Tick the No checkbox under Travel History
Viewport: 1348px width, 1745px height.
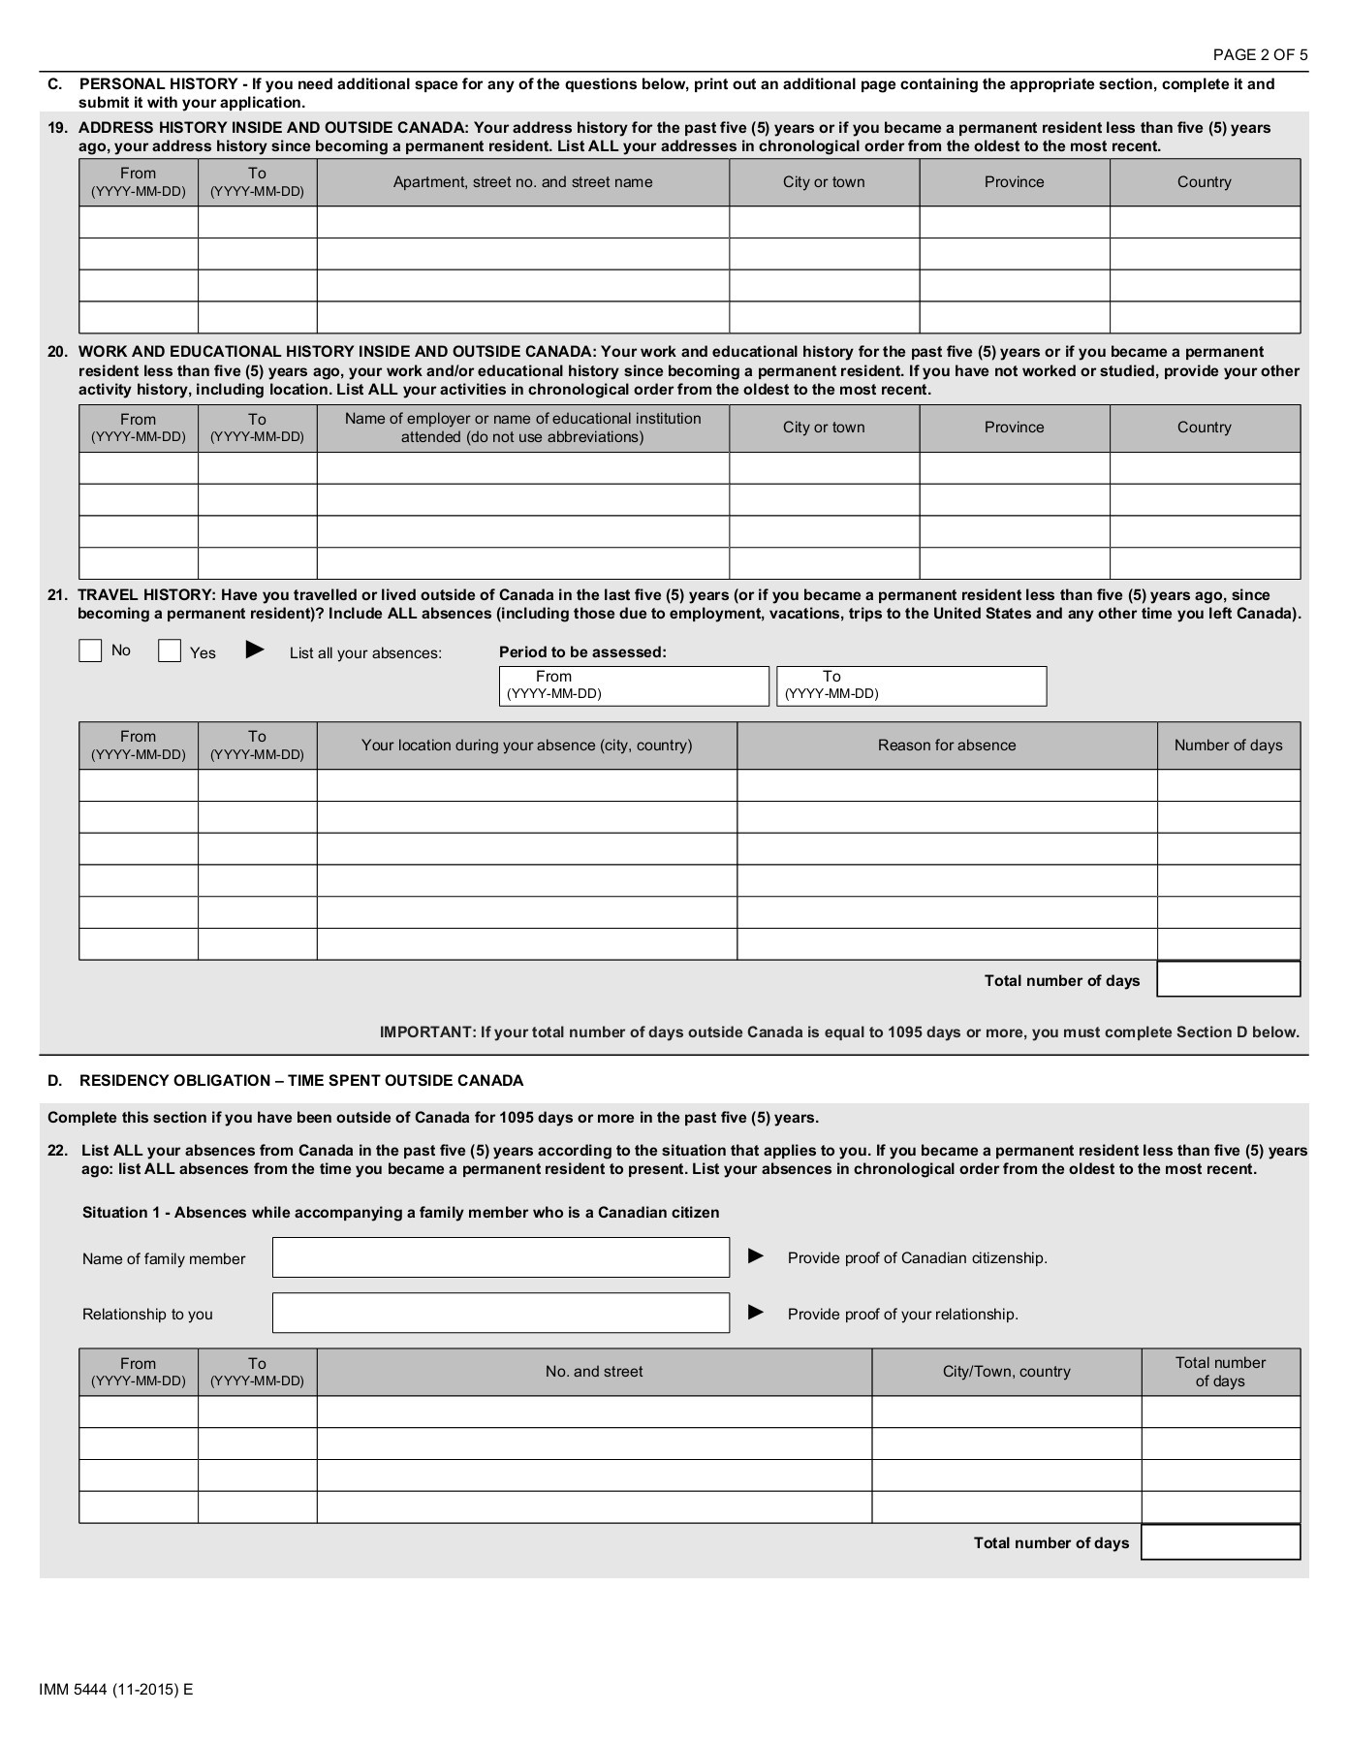click(90, 650)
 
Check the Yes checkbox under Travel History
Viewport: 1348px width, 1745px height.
click(170, 650)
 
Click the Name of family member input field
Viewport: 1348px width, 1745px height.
click(500, 1257)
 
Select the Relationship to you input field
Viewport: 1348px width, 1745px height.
click(500, 1313)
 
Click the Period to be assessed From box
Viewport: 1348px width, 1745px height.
click(634, 685)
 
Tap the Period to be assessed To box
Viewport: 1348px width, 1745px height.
click(911, 685)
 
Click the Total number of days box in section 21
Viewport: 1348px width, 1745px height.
click(1228, 979)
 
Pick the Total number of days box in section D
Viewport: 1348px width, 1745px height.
click(1220, 1542)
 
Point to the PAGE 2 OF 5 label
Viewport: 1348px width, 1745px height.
click(1260, 54)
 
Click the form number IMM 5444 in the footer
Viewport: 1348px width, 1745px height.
click(116, 1689)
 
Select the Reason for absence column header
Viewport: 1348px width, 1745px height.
click(947, 746)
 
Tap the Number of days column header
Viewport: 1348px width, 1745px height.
click(1228, 746)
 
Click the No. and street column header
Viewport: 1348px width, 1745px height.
click(594, 1372)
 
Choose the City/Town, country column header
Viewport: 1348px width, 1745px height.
click(1006, 1372)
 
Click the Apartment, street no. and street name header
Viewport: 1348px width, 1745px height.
click(522, 182)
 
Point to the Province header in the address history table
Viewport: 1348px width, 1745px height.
click(1014, 182)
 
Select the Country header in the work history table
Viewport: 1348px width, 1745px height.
click(1204, 428)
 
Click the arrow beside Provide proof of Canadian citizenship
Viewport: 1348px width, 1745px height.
click(756, 1256)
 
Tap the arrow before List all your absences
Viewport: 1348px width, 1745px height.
click(255, 650)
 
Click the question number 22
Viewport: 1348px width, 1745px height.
click(58, 1151)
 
